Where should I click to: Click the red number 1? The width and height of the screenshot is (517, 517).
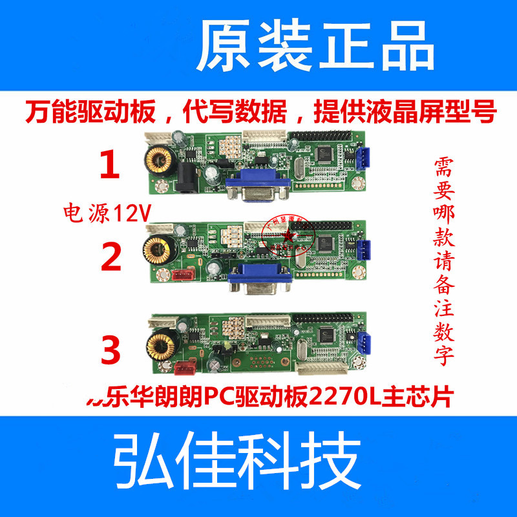coord(109,165)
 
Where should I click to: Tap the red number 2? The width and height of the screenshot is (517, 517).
coord(111,257)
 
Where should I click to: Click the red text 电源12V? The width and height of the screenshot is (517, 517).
coord(103,212)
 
